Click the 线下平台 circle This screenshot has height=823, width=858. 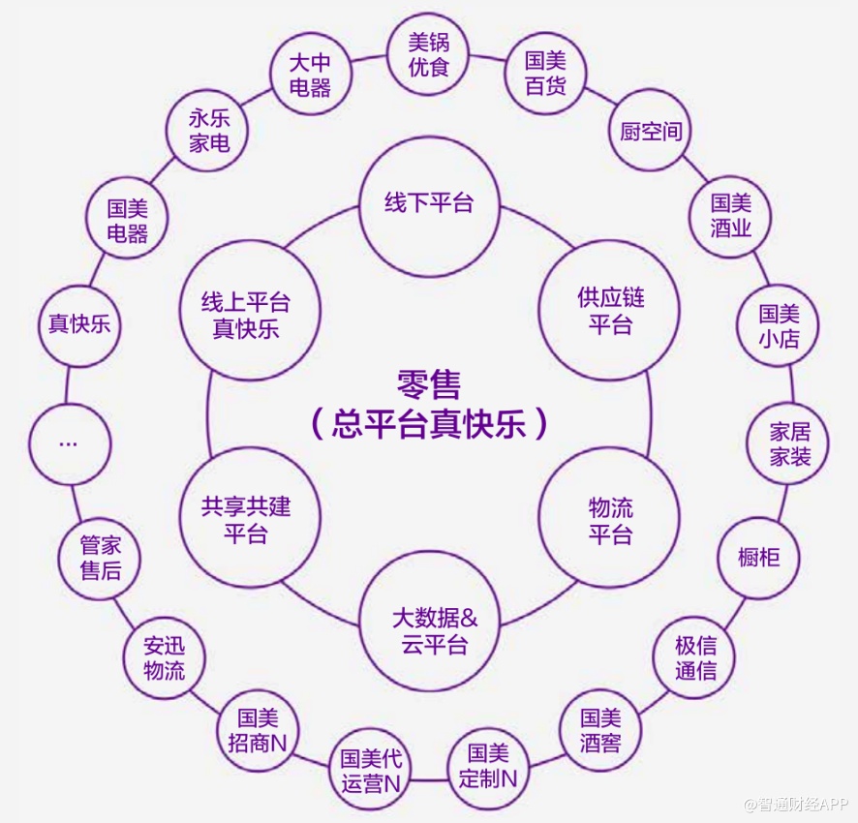(429, 204)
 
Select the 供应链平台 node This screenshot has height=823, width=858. (610, 311)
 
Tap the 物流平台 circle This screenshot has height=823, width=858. (610, 520)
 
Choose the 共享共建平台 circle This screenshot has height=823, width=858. (246, 520)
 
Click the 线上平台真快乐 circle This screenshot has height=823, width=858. (246, 315)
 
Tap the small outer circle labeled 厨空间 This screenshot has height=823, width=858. (651, 132)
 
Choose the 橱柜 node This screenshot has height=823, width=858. (758, 557)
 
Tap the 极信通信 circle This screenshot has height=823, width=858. (695, 657)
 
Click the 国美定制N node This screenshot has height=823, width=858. (488, 765)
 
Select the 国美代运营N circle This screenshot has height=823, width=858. (371, 772)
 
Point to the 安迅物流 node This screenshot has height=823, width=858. (164, 657)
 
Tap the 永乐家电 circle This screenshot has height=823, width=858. (209, 132)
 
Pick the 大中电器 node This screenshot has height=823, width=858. (310, 75)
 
